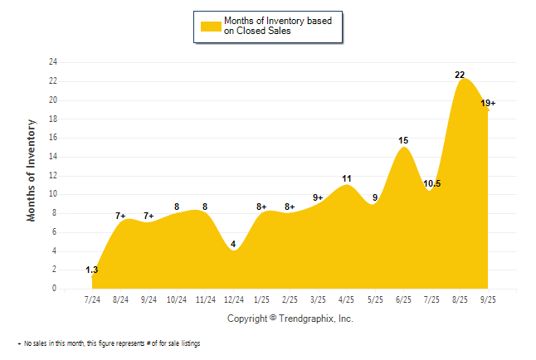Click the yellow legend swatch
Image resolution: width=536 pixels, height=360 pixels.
[x=211, y=26]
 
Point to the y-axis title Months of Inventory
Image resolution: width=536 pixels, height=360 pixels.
[x=32, y=170]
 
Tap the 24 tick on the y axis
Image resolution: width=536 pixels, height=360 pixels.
[x=53, y=62]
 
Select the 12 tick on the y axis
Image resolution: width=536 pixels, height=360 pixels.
[x=53, y=176]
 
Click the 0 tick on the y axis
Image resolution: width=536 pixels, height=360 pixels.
[x=55, y=289]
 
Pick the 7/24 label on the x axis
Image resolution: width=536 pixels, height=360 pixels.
[x=93, y=299]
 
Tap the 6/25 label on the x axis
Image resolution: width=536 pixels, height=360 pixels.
[x=403, y=299]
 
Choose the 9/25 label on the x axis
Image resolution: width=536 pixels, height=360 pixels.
[x=488, y=299]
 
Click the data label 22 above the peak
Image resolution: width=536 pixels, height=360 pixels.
[x=460, y=75]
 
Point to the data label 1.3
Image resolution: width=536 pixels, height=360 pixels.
[x=92, y=270]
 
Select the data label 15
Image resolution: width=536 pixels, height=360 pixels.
[x=403, y=141]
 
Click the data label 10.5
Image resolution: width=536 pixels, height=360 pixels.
[x=431, y=183]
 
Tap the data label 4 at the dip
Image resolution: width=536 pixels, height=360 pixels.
[x=233, y=244]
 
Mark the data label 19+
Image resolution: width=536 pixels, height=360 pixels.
[x=489, y=103]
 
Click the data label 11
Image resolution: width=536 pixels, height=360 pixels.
[x=347, y=178]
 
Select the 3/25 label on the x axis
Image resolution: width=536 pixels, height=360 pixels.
[x=319, y=299]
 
